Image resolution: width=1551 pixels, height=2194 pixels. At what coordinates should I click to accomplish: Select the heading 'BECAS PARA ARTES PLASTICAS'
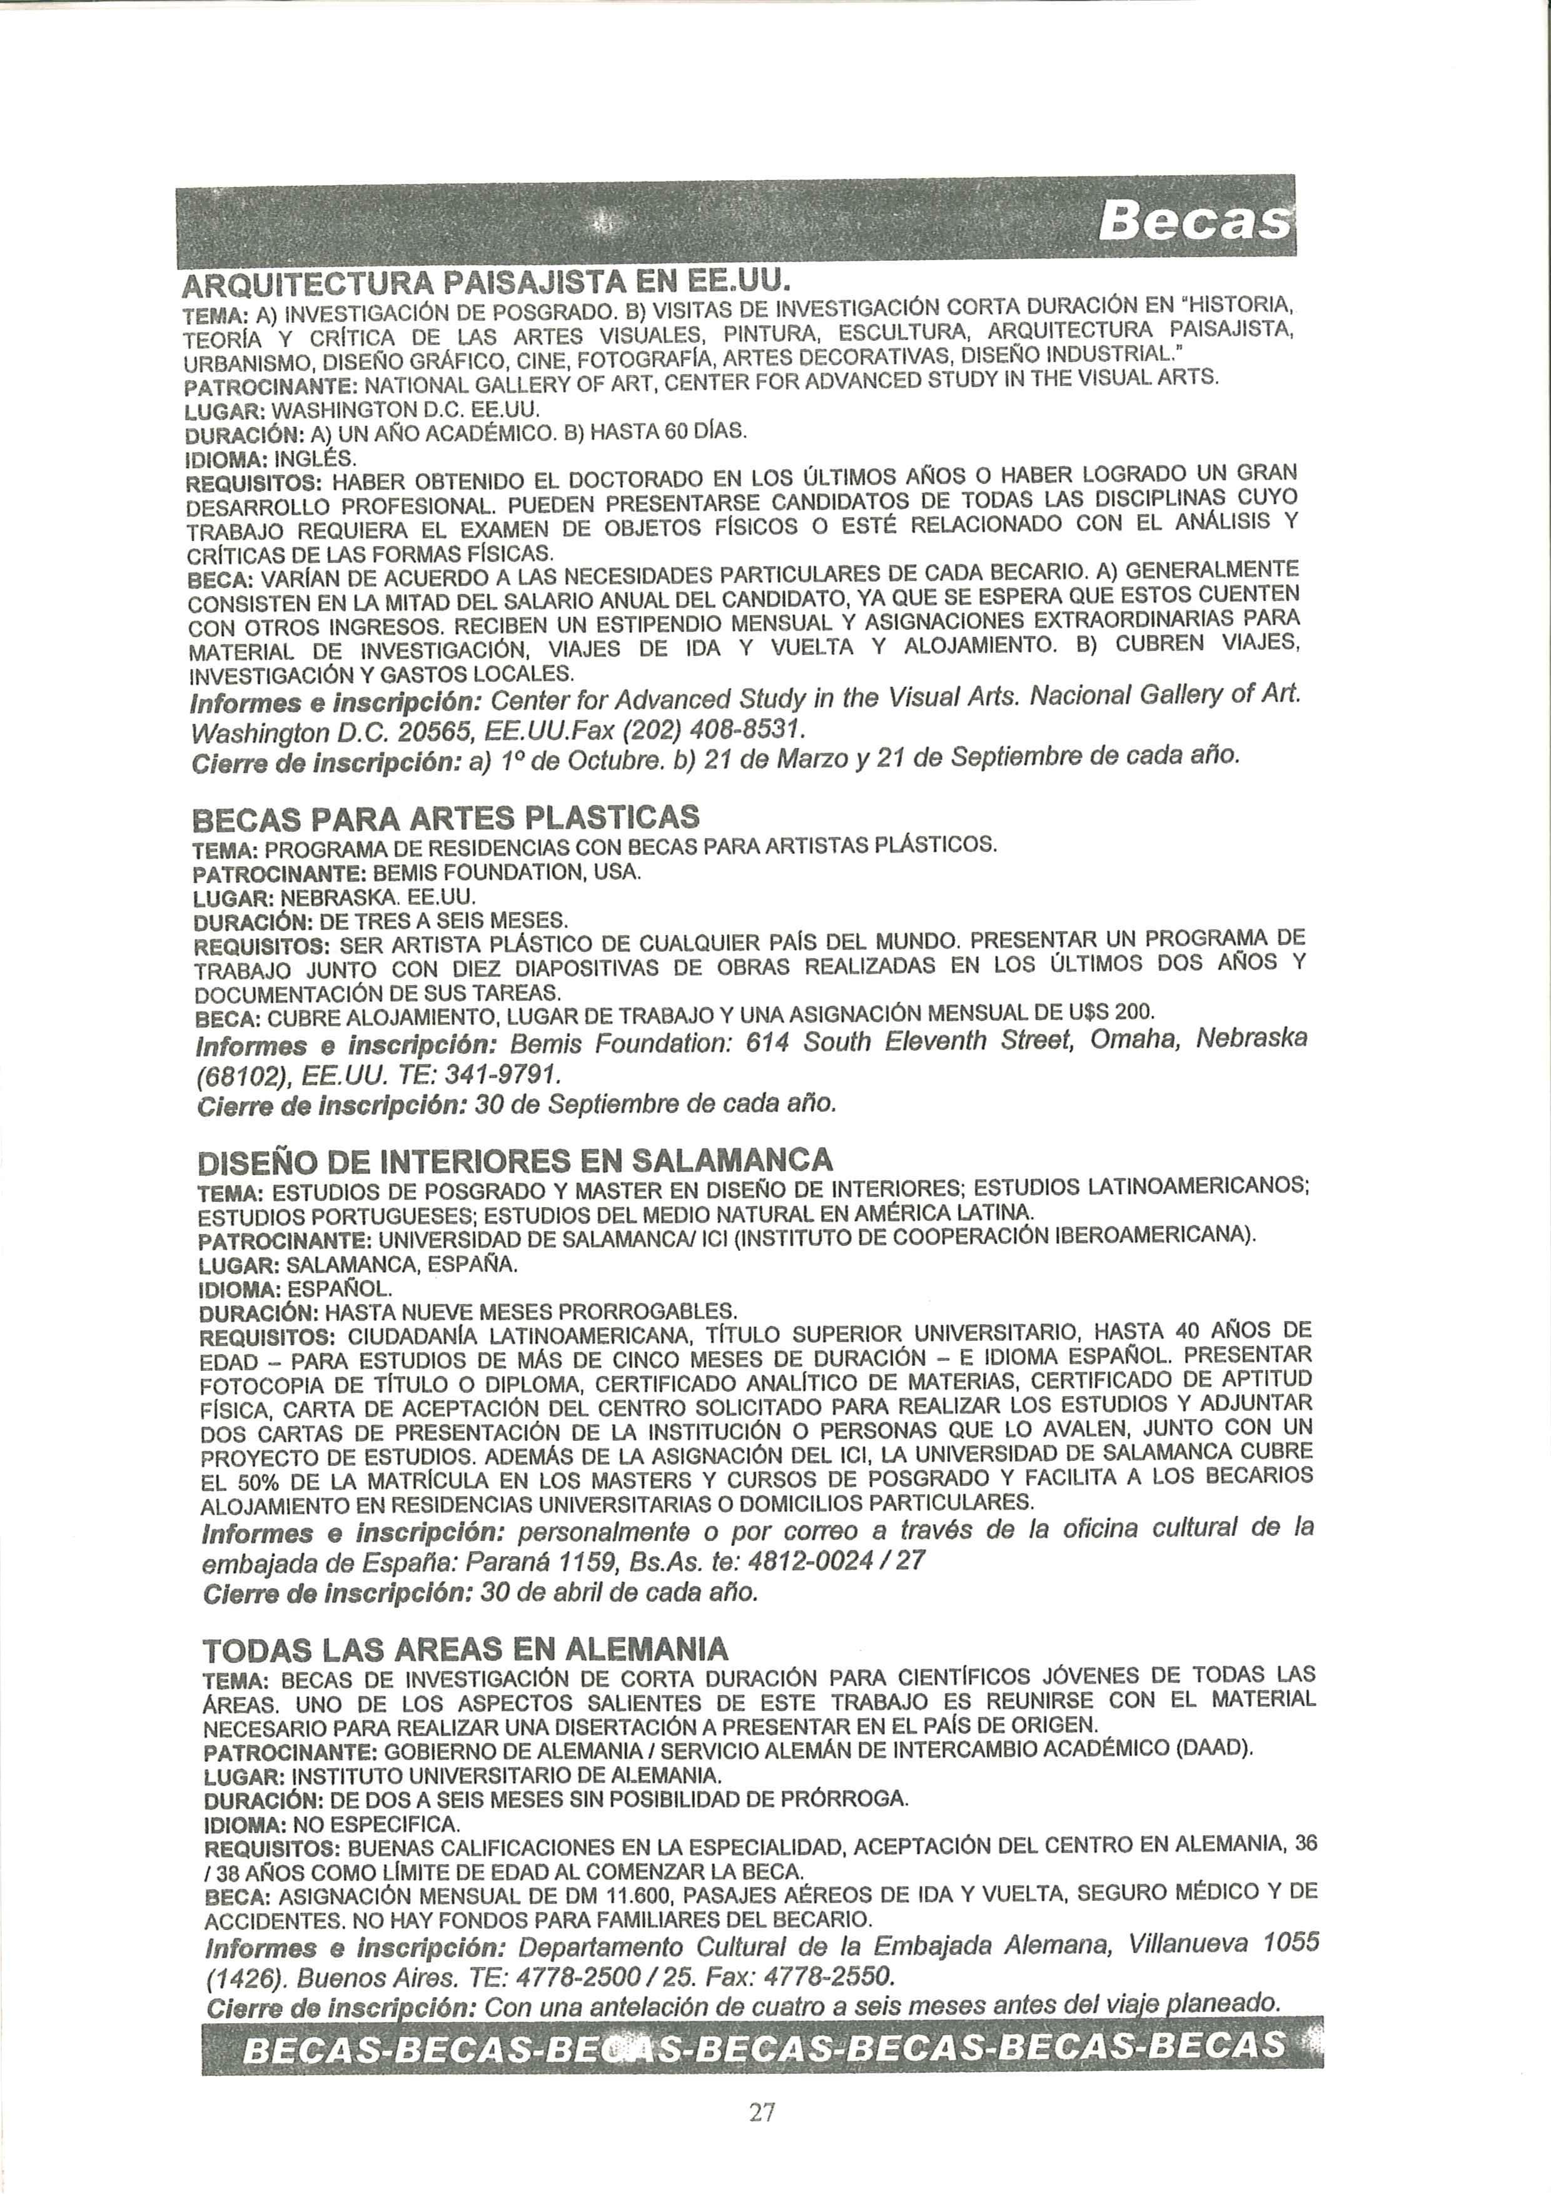pos(447,818)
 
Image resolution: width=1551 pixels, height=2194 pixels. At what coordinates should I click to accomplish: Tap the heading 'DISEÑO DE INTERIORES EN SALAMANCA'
pos(515,1160)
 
